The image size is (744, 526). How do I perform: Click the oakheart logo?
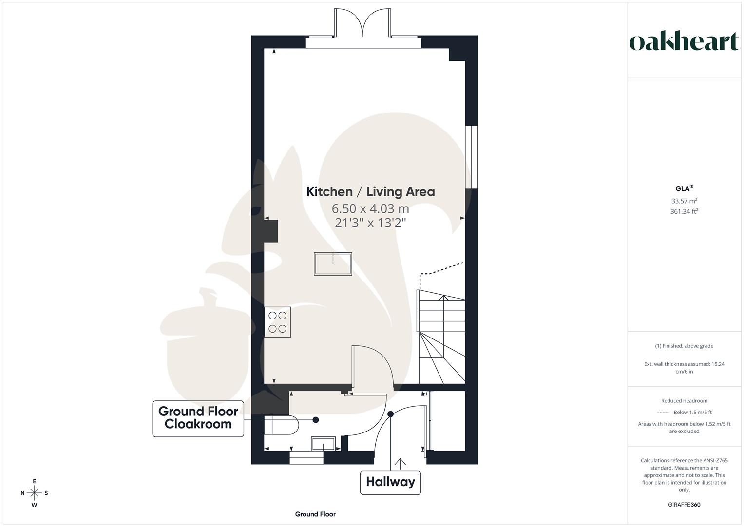click(x=684, y=42)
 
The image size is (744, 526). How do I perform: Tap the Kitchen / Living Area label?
click(x=370, y=192)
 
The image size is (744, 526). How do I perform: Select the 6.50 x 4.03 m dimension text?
click(x=370, y=209)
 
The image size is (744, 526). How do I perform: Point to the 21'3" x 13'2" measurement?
click(x=370, y=223)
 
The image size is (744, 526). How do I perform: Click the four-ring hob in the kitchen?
click(x=277, y=322)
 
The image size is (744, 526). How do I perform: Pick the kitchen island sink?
click(x=333, y=264)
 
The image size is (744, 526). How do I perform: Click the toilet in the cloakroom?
click(x=281, y=425)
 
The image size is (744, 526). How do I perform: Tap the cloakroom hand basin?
click(x=323, y=444)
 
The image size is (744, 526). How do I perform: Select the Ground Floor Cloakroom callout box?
click(x=198, y=418)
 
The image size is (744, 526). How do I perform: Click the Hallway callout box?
click(x=390, y=482)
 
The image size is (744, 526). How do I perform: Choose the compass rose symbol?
click(x=34, y=493)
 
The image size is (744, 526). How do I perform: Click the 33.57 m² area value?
click(x=684, y=201)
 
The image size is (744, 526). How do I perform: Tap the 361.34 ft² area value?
click(x=684, y=211)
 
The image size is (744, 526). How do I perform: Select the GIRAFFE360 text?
click(x=684, y=505)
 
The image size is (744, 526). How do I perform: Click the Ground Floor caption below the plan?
click(x=315, y=514)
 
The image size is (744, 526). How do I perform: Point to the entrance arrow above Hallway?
click(x=401, y=463)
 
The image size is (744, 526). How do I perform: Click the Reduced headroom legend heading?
click(x=684, y=401)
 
